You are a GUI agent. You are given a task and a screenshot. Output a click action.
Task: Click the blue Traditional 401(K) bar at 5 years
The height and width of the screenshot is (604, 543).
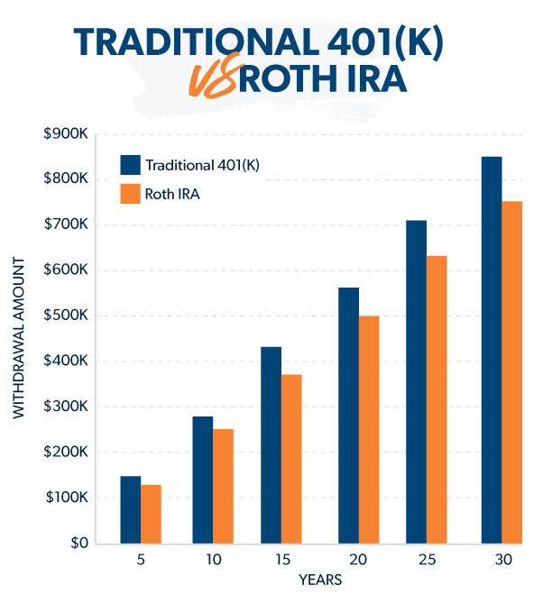(131, 509)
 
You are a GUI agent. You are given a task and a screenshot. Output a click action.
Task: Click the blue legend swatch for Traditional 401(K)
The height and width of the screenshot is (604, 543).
(131, 164)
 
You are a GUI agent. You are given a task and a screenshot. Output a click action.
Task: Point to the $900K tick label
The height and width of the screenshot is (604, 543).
(66, 133)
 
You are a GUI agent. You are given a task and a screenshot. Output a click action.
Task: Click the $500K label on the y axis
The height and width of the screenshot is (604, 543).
(66, 316)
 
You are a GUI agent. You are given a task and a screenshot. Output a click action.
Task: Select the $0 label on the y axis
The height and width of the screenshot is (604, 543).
(78, 544)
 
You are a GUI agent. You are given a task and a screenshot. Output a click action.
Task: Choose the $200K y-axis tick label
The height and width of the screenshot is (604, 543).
(66, 453)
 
